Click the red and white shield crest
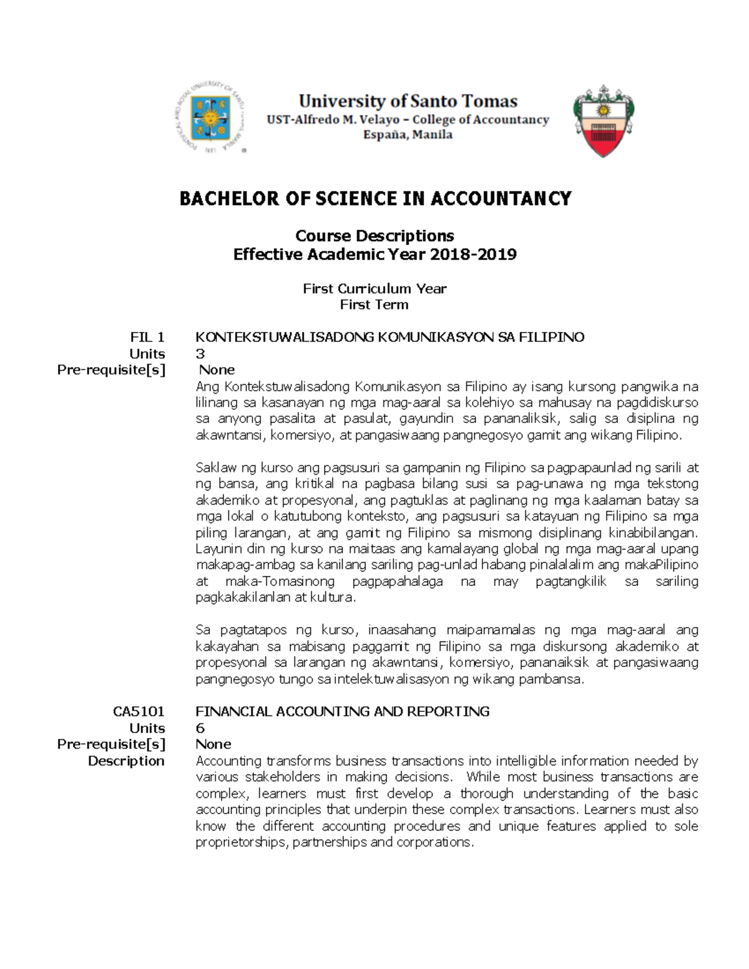click(603, 121)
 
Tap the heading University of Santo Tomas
click(408, 101)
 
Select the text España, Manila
click(408, 135)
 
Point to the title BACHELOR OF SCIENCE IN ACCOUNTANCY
click(375, 198)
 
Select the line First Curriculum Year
click(374, 288)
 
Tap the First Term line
click(374, 304)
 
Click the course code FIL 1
click(147, 338)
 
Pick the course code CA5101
click(139, 711)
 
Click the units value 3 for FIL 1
click(200, 354)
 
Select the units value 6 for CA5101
click(200, 728)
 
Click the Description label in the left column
click(126, 761)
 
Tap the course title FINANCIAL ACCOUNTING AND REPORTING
click(342, 711)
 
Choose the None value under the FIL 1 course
click(217, 370)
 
